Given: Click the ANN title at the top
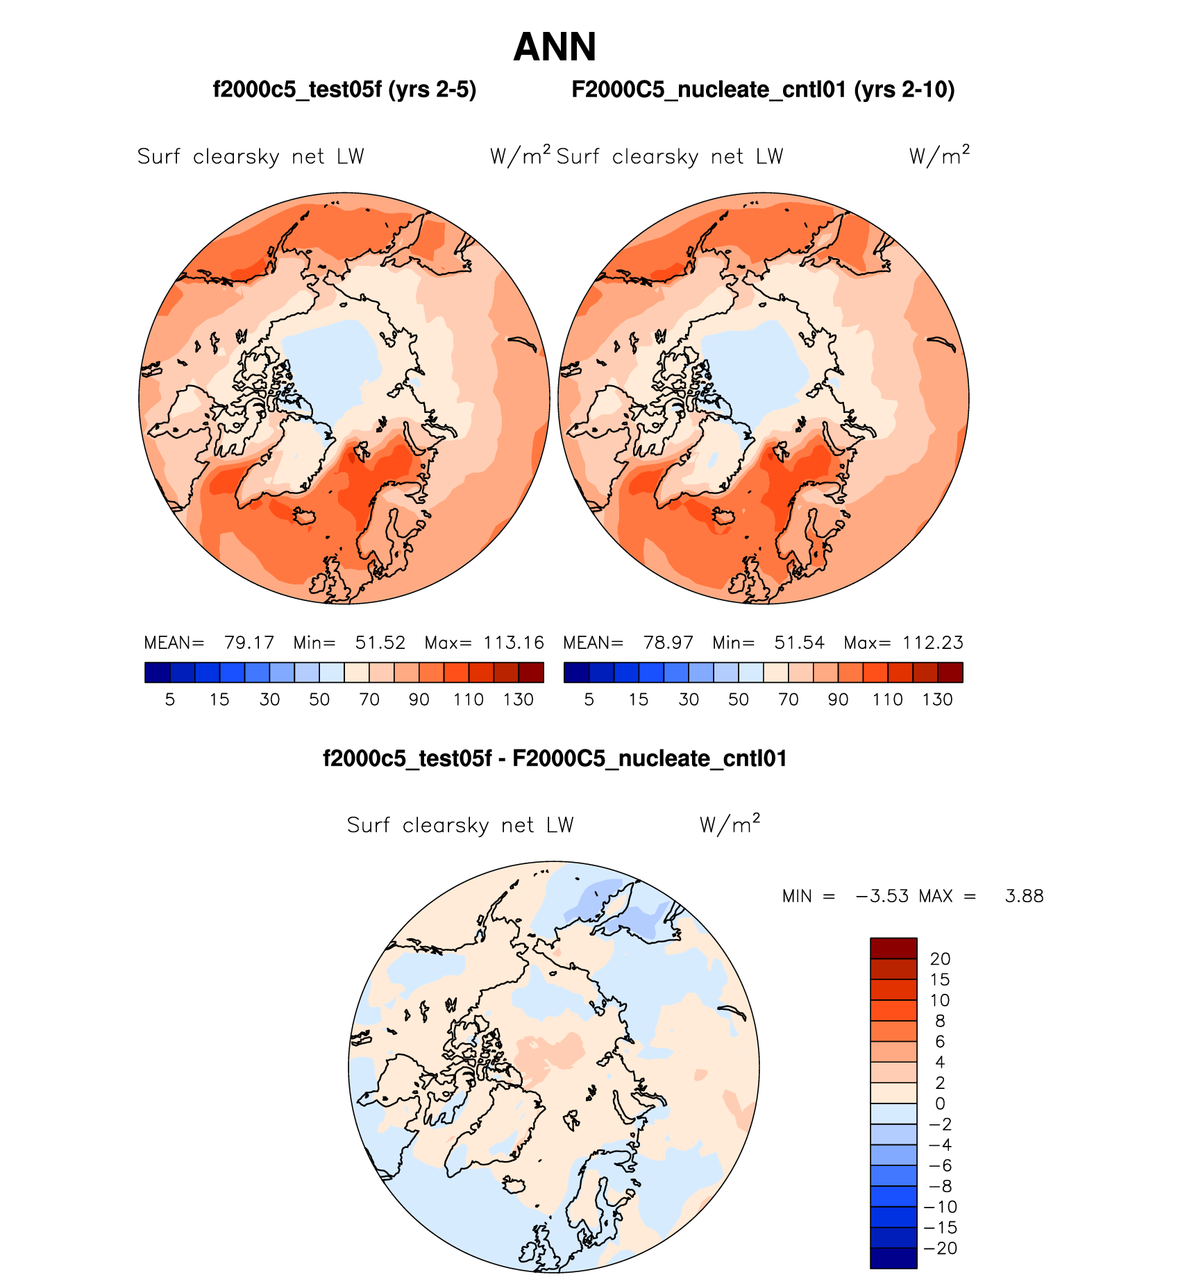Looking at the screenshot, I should [x=555, y=47].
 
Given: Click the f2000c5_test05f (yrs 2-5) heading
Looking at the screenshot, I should [x=344, y=90].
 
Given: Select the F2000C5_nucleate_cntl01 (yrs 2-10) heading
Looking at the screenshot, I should [x=763, y=90].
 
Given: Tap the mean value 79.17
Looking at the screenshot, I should [x=249, y=643].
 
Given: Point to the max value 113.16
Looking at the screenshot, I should [x=514, y=643].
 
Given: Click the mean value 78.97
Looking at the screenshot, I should [x=668, y=643].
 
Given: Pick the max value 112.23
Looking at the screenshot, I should [x=933, y=643].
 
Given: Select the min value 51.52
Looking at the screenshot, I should [x=380, y=643].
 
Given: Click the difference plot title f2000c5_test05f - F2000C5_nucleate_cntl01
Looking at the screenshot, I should [x=555, y=759].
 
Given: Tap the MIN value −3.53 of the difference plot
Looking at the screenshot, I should [x=882, y=896].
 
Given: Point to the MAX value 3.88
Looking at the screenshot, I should [x=1024, y=896].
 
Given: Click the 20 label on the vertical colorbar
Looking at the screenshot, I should [x=940, y=959].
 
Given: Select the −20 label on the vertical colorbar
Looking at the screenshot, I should [x=941, y=1249].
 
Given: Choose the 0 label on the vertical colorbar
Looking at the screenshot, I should [x=940, y=1103].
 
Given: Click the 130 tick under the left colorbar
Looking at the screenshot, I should [x=518, y=700].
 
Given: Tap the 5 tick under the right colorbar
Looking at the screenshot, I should [x=589, y=700].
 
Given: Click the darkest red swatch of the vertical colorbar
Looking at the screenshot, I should [x=893, y=948].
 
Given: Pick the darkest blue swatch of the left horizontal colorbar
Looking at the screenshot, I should [x=158, y=673].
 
